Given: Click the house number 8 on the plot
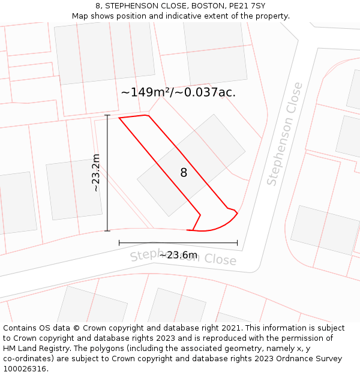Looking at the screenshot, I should click(184, 173).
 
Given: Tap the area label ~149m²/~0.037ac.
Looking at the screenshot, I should click(178, 92).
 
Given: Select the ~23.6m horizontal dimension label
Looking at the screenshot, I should click(178, 255).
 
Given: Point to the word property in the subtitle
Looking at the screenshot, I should click(271, 16).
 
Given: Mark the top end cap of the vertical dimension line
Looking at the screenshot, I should click(107, 115).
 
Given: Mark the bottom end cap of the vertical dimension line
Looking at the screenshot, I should click(107, 230).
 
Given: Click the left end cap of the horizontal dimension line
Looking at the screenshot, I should click(119, 243).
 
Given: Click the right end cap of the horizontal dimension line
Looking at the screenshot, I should click(238, 243).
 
